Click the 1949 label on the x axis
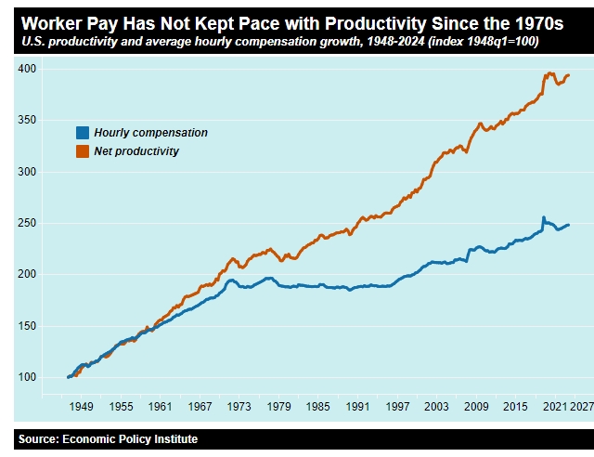coord(82,407)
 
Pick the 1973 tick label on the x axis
coord(239,407)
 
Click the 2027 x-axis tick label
coord(582,407)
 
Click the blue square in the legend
coord(83,133)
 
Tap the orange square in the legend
coord(83,150)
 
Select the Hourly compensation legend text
coord(150,133)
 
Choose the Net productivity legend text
coord(136,150)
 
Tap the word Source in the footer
coord(38,439)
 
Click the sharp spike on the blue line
coord(543,218)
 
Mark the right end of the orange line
coord(568,75)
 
